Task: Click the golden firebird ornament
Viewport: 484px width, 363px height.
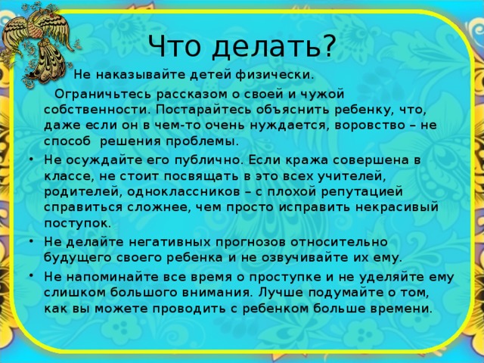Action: pyautogui.click(x=39, y=42)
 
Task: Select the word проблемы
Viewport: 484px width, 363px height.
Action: pyautogui.click(x=203, y=141)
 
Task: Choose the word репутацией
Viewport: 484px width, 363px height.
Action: pyautogui.click(x=362, y=192)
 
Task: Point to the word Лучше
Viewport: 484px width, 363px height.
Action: pyautogui.click(x=281, y=293)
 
